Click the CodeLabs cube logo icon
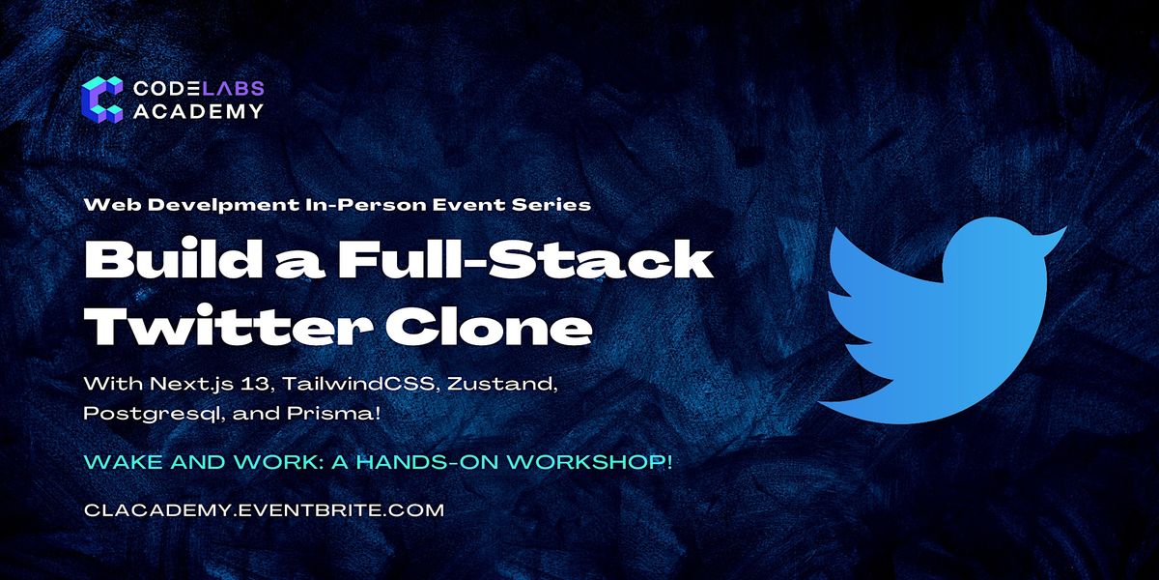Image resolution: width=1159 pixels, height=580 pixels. (x=102, y=100)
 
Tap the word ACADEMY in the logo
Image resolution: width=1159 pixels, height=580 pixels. (x=199, y=111)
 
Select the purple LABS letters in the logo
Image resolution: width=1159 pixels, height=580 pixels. (x=233, y=89)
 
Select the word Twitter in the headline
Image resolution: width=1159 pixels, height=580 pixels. (x=229, y=327)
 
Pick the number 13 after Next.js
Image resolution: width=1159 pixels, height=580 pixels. (x=258, y=385)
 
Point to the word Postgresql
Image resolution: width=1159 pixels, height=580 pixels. (x=154, y=415)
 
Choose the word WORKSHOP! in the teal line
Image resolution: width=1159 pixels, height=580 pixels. (x=589, y=462)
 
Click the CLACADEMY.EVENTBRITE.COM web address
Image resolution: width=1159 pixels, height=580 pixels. (x=264, y=510)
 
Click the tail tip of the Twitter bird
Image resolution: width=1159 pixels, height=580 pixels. (x=823, y=402)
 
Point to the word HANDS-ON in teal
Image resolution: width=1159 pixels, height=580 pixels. (x=426, y=462)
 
